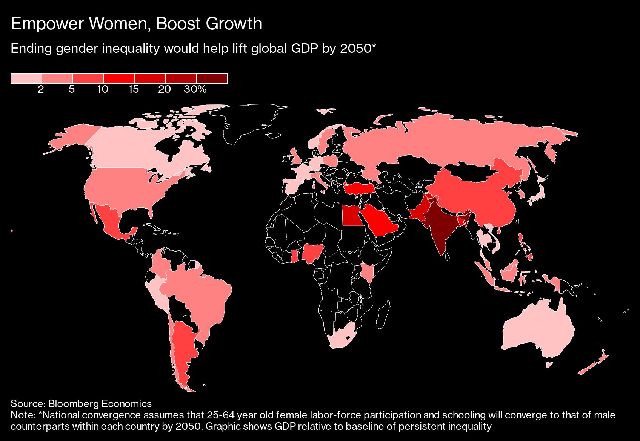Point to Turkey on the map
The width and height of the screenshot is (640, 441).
[358, 188]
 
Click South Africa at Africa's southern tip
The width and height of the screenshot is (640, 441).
[342, 336]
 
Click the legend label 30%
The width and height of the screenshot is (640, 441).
[195, 89]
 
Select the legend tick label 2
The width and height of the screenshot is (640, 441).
[41, 89]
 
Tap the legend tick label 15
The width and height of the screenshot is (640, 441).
[134, 89]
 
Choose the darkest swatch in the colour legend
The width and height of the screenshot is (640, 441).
[212, 78]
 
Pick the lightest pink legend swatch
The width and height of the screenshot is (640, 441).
[26, 78]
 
